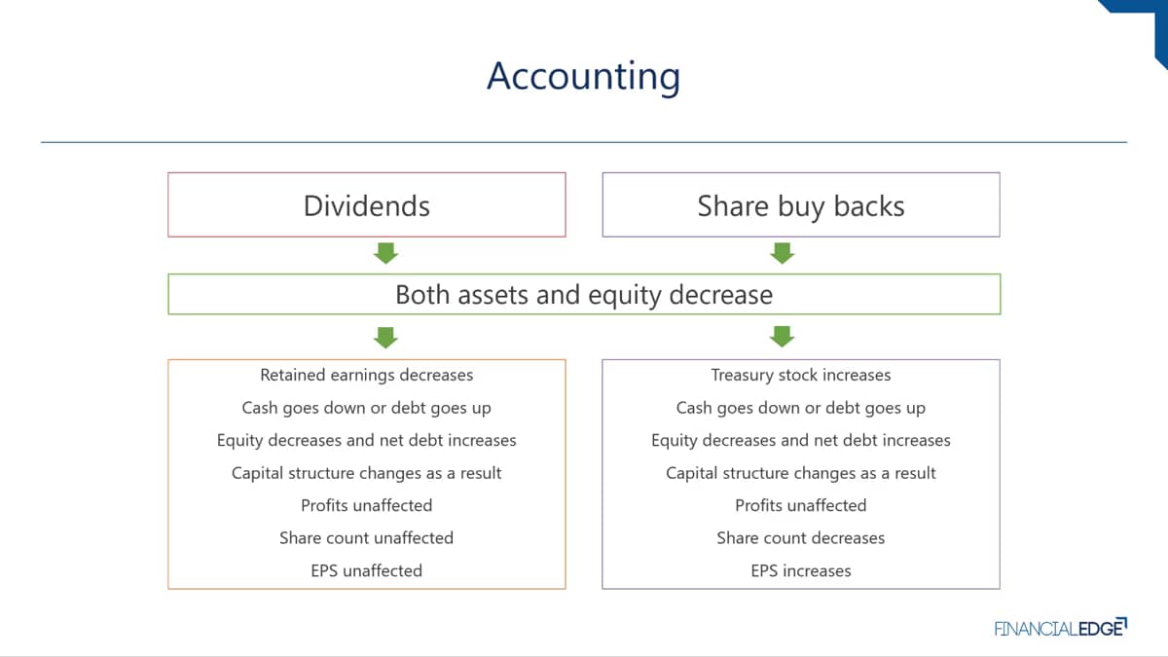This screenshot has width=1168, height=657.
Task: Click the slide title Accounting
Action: click(583, 77)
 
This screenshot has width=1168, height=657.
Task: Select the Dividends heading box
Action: click(367, 205)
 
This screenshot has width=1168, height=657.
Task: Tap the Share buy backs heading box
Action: click(801, 205)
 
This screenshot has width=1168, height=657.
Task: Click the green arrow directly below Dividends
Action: click(385, 253)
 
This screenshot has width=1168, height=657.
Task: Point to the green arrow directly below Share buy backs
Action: click(783, 253)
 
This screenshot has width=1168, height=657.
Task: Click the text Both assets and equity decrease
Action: click(584, 295)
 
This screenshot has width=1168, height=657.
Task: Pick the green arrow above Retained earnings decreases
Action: click(385, 338)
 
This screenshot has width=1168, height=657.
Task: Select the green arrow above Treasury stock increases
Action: click(783, 337)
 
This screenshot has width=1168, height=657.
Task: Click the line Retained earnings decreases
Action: click(367, 375)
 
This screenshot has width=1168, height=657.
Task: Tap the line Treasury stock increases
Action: click(801, 375)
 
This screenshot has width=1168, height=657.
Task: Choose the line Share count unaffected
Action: click(367, 537)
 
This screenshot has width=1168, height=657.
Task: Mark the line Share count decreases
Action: click(801, 537)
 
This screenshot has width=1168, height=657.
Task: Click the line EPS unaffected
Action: click(367, 570)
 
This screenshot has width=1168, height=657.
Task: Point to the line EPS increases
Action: click(801, 570)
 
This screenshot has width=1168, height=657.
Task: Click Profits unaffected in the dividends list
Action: click(367, 505)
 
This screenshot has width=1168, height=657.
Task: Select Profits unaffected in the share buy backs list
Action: click(801, 505)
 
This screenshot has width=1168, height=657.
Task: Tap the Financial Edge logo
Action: click(1061, 628)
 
